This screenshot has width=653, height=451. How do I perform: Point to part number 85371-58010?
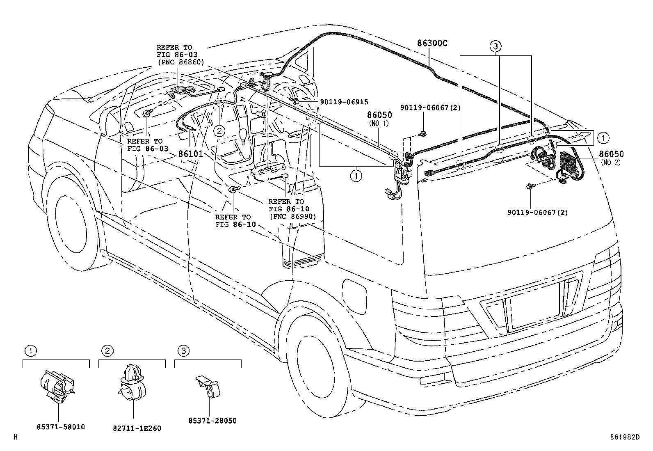point(61,427)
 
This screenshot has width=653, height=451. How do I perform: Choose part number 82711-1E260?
point(137,428)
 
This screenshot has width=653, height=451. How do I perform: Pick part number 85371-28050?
point(212,421)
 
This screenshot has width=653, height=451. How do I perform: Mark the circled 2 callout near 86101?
point(219,131)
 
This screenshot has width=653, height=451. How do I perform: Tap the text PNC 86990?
point(293,216)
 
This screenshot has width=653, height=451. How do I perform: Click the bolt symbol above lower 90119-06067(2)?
point(530,187)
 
